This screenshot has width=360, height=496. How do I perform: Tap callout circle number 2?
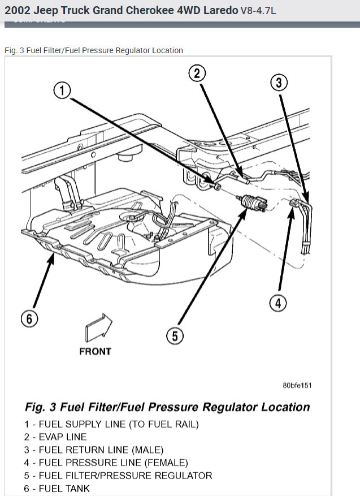[197, 73]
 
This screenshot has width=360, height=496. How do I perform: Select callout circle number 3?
[279, 83]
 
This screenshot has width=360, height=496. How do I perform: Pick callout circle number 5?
[175, 336]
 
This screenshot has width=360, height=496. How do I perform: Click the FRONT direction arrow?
[97, 328]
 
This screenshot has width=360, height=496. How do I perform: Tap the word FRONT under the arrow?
[95, 351]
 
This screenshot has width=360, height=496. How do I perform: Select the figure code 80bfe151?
[297, 385]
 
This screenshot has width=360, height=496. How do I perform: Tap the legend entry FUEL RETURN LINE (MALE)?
[94, 450]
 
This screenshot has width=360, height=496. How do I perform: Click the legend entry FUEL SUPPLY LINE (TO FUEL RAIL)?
[111, 424]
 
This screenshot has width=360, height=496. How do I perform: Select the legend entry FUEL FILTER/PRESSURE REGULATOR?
[118, 476]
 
